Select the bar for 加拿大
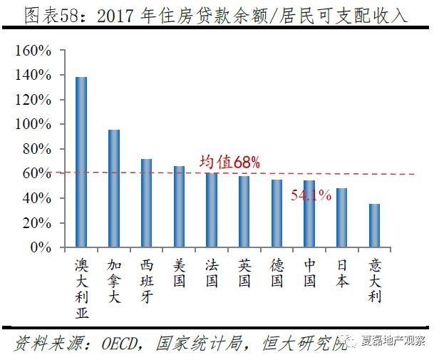(x=114, y=189)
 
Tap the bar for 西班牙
(x=147, y=203)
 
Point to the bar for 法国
(x=212, y=210)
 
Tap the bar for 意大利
(x=375, y=226)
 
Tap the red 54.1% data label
(x=311, y=195)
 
